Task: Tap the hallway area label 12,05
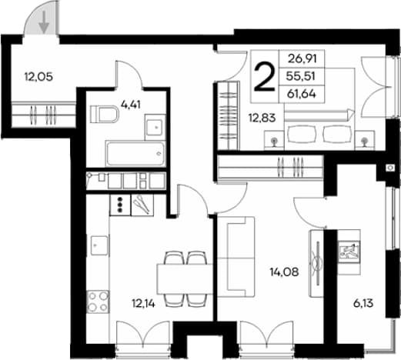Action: pos(38,76)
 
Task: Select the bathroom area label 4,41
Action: pos(131,105)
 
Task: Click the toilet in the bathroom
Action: pos(104,114)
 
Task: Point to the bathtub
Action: pos(135,154)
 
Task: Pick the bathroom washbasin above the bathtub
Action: pos(155,127)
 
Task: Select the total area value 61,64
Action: pos(302,94)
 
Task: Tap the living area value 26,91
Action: pos(302,59)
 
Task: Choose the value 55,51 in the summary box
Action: pos(300,76)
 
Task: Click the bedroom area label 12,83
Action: pos(262,118)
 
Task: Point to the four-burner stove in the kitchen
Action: pos(98,302)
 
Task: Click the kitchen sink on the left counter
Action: pos(99,245)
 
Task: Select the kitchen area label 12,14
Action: pos(143,304)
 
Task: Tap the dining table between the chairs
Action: pos(185,278)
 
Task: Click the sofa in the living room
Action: pos(236,257)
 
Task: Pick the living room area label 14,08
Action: pos(284,272)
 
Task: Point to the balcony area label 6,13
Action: pos(363,304)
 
